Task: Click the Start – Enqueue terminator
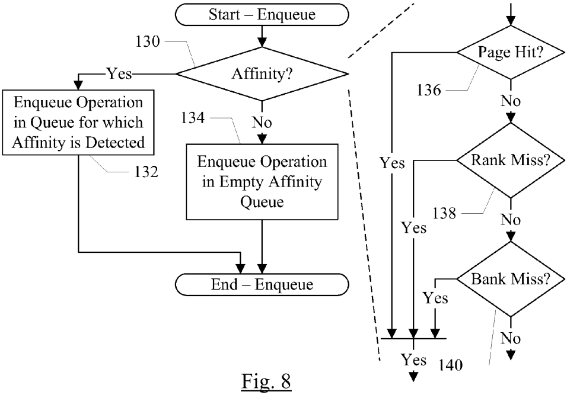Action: pos(262,15)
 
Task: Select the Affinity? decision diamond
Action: pos(262,74)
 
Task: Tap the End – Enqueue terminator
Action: pos(262,284)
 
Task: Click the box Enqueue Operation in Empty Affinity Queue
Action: pos(262,182)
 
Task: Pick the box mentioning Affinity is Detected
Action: pos(78,122)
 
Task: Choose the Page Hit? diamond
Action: pos(511,52)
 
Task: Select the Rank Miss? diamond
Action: pos(511,160)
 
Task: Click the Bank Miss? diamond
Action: pos(511,279)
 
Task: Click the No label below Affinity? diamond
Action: pos(262,123)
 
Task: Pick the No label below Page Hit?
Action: pos(511,100)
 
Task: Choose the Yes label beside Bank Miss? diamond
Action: pos(436,298)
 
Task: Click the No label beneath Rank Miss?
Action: pos(511,220)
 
